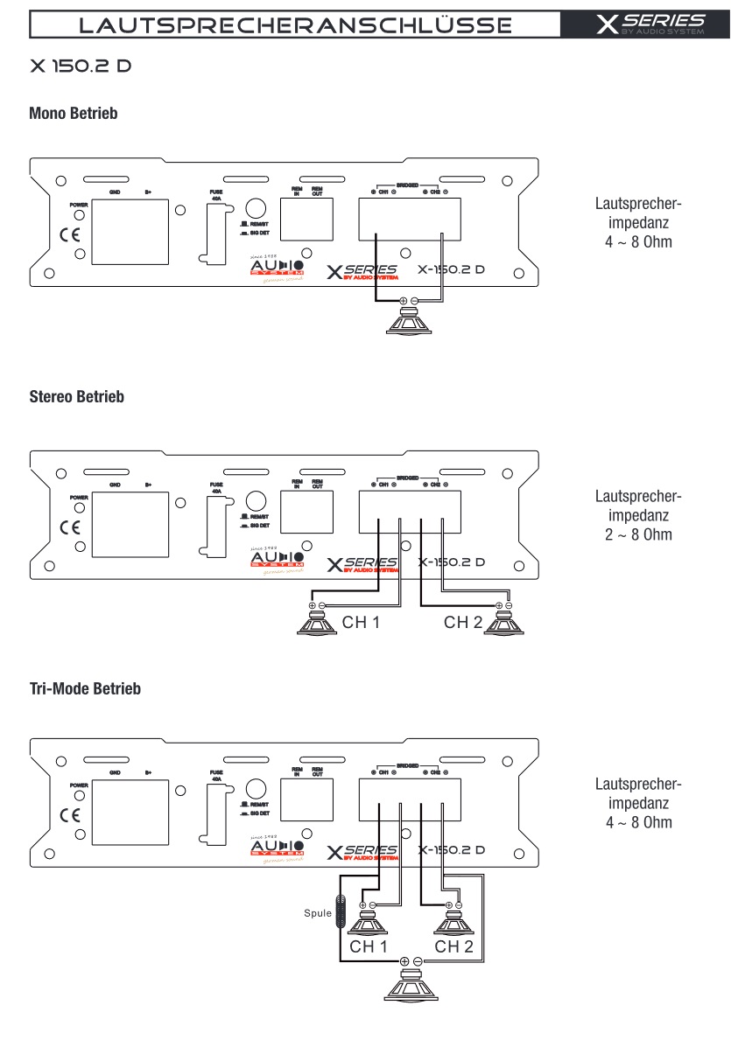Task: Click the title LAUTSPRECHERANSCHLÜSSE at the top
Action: [295, 24]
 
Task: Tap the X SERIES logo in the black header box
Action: [650, 24]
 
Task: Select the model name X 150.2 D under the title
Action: [80, 66]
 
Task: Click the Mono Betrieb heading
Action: [74, 114]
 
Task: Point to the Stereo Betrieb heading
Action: [77, 397]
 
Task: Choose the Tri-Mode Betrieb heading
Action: [85, 689]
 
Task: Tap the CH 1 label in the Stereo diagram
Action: [361, 623]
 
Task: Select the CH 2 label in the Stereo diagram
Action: [463, 623]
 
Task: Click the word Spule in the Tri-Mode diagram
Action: [318, 914]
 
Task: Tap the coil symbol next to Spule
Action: [341, 913]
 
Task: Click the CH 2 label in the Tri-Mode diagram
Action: [453, 946]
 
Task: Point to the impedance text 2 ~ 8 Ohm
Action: [638, 534]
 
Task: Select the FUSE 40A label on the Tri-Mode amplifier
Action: [216, 776]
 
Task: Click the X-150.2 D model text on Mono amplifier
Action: [451, 269]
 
